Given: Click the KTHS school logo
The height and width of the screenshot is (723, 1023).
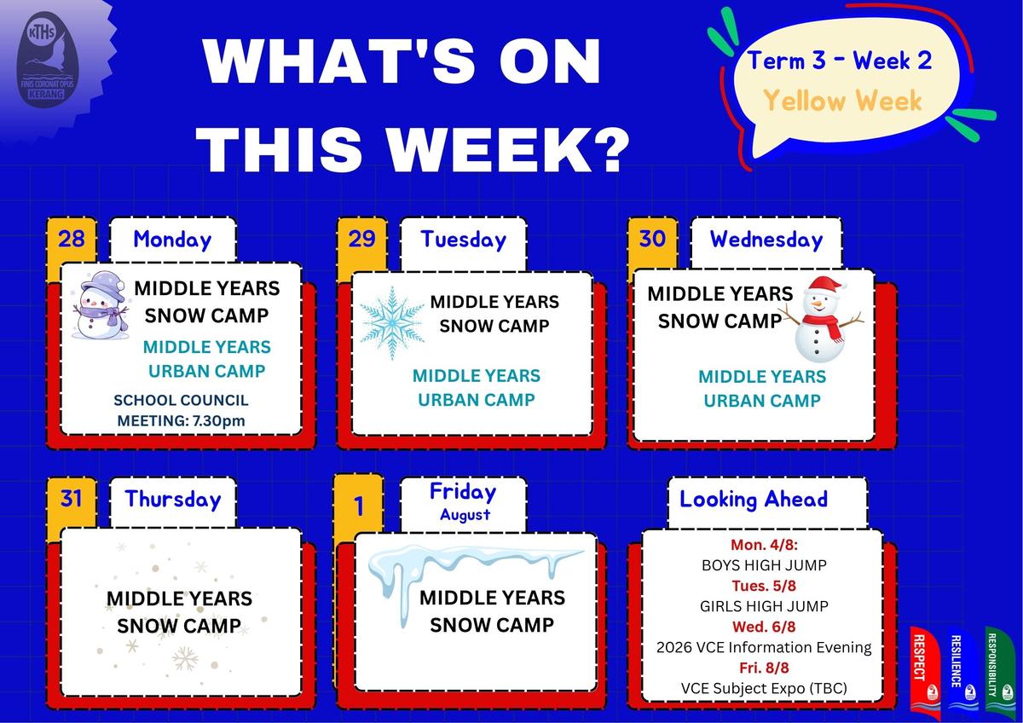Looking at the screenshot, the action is (x=47, y=60).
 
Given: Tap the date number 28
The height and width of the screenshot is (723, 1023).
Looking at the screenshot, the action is (x=72, y=239).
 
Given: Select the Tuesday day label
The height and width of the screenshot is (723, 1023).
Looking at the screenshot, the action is (x=464, y=240).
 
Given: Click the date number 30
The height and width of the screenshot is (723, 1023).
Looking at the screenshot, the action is (x=652, y=238).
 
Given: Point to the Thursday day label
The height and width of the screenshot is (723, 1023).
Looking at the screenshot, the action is (x=173, y=499).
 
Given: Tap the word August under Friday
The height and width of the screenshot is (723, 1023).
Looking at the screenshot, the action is (x=465, y=515).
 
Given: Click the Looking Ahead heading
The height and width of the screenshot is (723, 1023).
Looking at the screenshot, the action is (x=754, y=499).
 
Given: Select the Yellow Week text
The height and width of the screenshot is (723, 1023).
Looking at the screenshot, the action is (x=842, y=101).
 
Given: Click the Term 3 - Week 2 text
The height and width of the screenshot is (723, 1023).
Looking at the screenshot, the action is (x=840, y=61).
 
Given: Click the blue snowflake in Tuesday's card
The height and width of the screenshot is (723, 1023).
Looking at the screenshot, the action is (x=392, y=322).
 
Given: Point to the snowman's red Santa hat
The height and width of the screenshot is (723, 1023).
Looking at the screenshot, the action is (x=825, y=286).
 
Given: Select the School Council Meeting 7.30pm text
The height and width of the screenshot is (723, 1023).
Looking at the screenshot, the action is (x=181, y=410).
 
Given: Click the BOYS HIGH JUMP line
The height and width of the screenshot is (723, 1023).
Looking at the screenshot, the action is (x=764, y=565).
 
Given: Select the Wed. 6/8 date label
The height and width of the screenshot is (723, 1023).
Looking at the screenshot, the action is (x=764, y=627).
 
